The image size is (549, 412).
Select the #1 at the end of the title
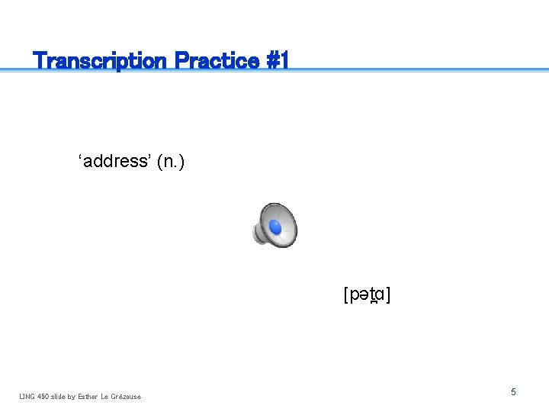click(278, 60)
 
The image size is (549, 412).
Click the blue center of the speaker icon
click(275, 227)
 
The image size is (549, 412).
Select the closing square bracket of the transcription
click(389, 295)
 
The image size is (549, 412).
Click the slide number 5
click(513, 391)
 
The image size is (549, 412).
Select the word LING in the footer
click(27, 396)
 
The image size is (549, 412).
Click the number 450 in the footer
click(44, 396)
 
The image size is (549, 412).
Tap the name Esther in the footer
click(88, 396)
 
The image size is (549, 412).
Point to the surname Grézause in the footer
click(126, 396)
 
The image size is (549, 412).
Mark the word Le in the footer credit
click(106, 396)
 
